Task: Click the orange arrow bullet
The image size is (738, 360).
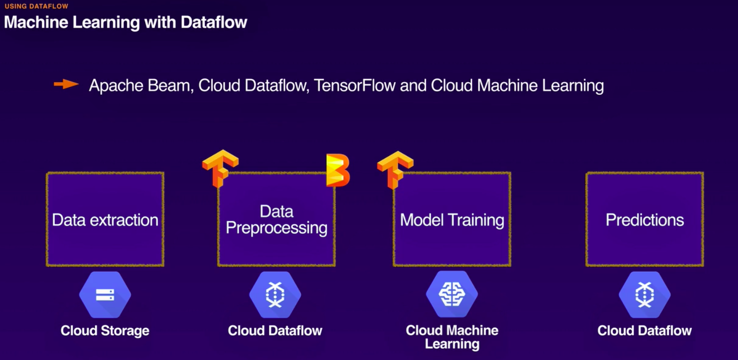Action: (x=66, y=84)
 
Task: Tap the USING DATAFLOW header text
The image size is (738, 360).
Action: (x=37, y=6)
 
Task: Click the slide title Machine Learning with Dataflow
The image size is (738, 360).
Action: (x=125, y=22)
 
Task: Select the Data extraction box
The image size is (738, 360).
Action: (x=105, y=219)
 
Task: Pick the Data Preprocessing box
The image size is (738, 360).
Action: (x=276, y=219)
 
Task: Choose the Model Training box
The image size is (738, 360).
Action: (x=452, y=219)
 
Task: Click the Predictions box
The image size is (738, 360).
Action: (x=645, y=219)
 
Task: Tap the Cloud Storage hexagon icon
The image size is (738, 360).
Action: (x=105, y=295)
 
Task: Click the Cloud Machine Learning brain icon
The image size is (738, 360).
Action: (x=452, y=295)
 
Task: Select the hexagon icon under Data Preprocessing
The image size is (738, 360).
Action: (x=275, y=295)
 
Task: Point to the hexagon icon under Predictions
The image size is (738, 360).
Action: (x=645, y=295)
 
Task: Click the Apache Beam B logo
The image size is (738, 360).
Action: (x=338, y=170)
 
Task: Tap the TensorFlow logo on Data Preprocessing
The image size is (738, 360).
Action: (x=220, y=168)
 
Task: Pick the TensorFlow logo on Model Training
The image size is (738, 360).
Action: (x=395, y=169)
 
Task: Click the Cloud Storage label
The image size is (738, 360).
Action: (x=105, y=330)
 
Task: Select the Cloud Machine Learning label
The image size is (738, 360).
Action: (x=452, y=337)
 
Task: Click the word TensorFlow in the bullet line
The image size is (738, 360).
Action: (x=355, y=85)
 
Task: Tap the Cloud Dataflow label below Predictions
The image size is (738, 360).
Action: (x=645, y=330)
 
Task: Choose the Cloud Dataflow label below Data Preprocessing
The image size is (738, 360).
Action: (x=275, y=330)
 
